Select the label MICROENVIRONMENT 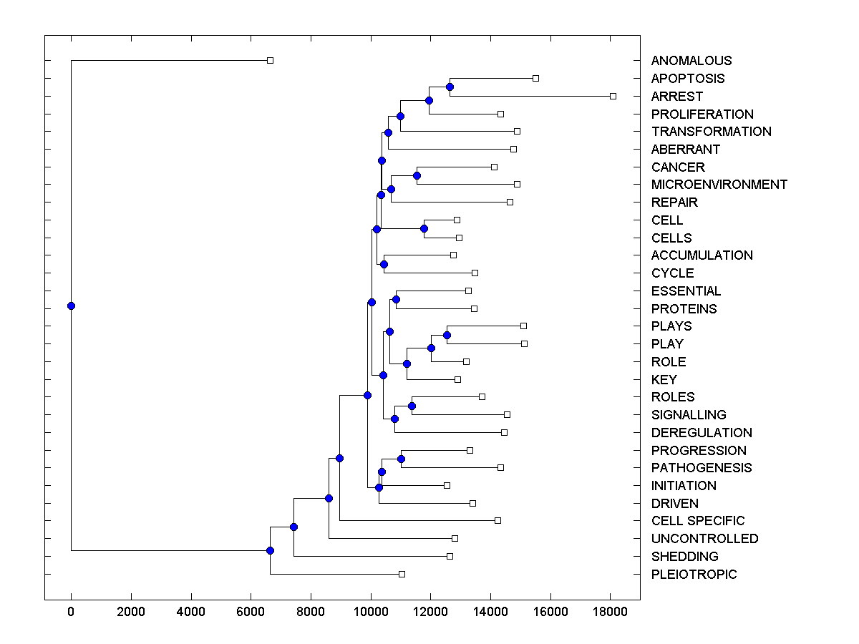[719, 185]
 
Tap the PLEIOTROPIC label [694, 575]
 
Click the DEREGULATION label [702, 433]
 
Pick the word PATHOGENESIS [702, 468]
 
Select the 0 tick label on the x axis [71, 612]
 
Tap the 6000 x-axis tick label [251, 612]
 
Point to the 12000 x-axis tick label [430, 612]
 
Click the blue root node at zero [71, 306]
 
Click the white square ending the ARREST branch [613, 96]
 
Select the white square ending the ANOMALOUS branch [270, 60]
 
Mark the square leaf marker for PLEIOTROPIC [402, 574]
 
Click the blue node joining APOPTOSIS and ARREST [450, 87]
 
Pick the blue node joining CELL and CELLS [424, 229]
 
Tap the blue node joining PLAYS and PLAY [447, 335]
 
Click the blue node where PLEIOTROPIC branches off [270, 550]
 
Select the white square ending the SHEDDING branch [450, 556]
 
